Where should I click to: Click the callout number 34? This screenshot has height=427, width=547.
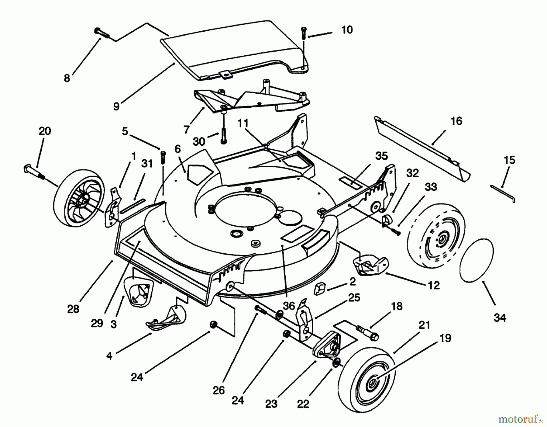point(500,318)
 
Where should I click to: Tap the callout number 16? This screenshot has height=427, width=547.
point(456,121)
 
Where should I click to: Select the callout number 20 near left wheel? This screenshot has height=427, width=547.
point(45,131)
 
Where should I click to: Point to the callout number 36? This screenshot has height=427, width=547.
point(289,306)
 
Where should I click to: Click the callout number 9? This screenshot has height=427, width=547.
point(116,106)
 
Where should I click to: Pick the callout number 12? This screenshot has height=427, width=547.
point(434,285)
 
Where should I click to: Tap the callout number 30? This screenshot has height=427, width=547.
point(199,142)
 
